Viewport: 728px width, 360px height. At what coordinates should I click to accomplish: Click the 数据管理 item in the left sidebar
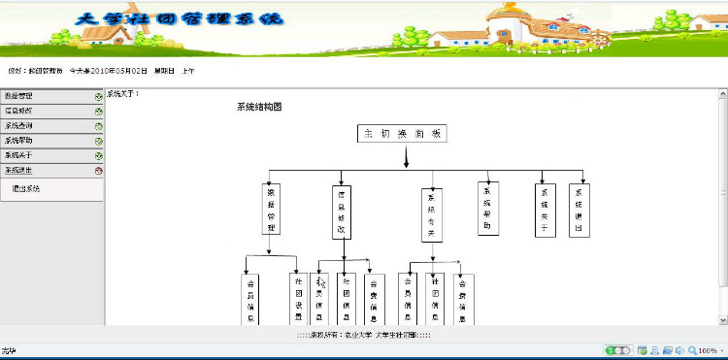click(19, 96)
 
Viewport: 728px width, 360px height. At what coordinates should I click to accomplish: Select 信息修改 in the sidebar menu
click(19, 111)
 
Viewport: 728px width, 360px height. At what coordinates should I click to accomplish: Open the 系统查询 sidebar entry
click(19, 126)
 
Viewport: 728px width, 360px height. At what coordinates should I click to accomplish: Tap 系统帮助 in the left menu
click(19, 141)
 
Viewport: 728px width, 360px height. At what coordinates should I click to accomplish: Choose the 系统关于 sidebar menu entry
click(19, 155)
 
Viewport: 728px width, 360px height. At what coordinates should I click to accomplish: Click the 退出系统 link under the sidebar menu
click(26, 188)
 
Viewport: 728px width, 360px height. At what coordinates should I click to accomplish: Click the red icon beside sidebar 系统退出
click(99, 171)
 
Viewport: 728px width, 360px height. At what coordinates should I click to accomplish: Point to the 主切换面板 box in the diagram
click(402, 135)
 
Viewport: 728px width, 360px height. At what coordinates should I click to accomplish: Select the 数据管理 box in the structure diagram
click(274, 210)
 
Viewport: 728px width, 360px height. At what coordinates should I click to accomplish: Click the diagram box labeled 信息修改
click(342, 210)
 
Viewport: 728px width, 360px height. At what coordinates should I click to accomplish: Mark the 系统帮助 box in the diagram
click(488, 208)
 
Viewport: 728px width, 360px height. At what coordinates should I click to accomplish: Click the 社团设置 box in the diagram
click(299, 299)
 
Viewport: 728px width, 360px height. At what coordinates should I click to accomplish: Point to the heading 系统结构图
click(259, 107)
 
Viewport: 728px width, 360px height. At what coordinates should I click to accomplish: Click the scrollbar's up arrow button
click(722, 94)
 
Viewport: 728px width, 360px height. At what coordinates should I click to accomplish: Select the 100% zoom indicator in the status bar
click(707, 350)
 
